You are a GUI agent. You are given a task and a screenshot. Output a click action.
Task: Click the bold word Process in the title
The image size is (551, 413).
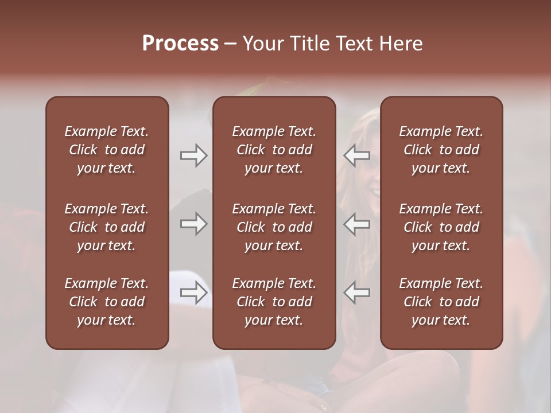point(180,44)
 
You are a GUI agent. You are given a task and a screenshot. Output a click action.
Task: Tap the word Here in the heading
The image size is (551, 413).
point(400,44)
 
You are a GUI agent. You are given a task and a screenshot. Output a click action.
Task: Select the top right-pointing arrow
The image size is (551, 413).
point(193,155)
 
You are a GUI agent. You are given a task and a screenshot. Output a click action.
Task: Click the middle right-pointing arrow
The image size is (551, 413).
point(193,224)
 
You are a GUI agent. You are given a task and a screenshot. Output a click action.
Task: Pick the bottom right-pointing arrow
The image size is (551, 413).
point(193,293)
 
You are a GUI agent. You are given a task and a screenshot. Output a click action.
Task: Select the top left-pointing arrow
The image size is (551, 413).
point(357,155)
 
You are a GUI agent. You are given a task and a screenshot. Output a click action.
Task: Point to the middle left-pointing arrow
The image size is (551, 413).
point(357,224)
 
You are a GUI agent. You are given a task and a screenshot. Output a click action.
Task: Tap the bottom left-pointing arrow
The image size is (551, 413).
point(357,293)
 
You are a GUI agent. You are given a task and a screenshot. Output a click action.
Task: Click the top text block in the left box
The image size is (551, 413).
point(107,150)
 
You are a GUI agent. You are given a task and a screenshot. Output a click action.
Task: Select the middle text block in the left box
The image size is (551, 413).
point(107,227)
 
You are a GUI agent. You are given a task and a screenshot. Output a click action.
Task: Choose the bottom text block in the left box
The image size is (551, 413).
point(107,302)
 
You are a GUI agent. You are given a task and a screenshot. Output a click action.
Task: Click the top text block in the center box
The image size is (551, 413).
point(274,150)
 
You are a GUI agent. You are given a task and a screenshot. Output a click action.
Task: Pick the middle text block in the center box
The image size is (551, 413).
point(274,227)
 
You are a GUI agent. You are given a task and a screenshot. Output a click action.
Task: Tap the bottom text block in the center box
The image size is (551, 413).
point(274,302)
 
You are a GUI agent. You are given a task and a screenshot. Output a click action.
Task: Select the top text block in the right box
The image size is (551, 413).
point(441,150)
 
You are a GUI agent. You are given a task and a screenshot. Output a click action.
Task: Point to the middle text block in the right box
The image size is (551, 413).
point(441,227)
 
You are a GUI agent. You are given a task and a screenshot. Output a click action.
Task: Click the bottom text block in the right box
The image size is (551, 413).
point(441,302)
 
